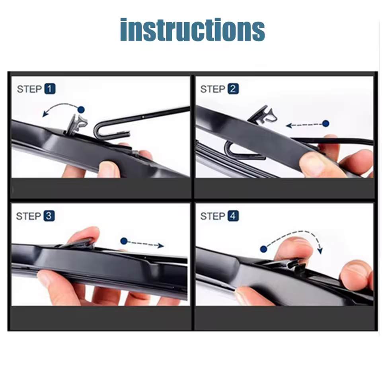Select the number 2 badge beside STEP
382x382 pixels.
point(233,89)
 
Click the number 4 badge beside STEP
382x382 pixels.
point(233,216)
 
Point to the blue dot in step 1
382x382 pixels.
point(81,109)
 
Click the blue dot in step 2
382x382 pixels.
point(325,123)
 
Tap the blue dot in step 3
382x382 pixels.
point(124,241)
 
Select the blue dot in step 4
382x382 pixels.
point(263,249)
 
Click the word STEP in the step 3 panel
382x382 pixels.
point(29,216)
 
